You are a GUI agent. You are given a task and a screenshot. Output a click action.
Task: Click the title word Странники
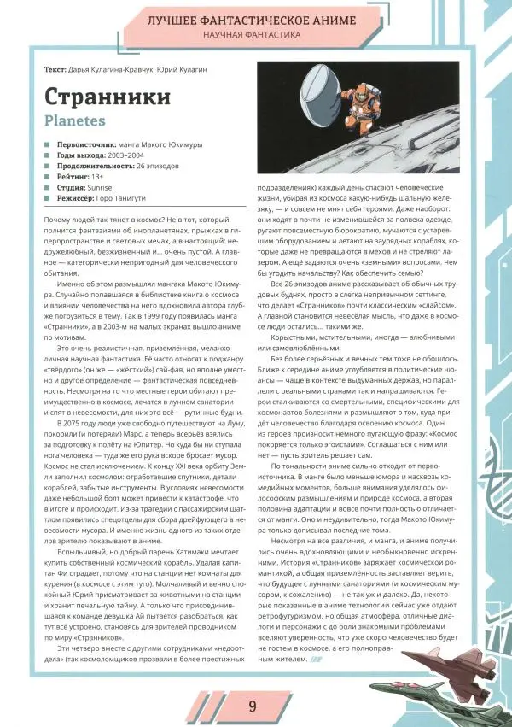point(106,96)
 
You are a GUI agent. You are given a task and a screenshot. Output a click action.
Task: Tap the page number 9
point(253,706)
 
